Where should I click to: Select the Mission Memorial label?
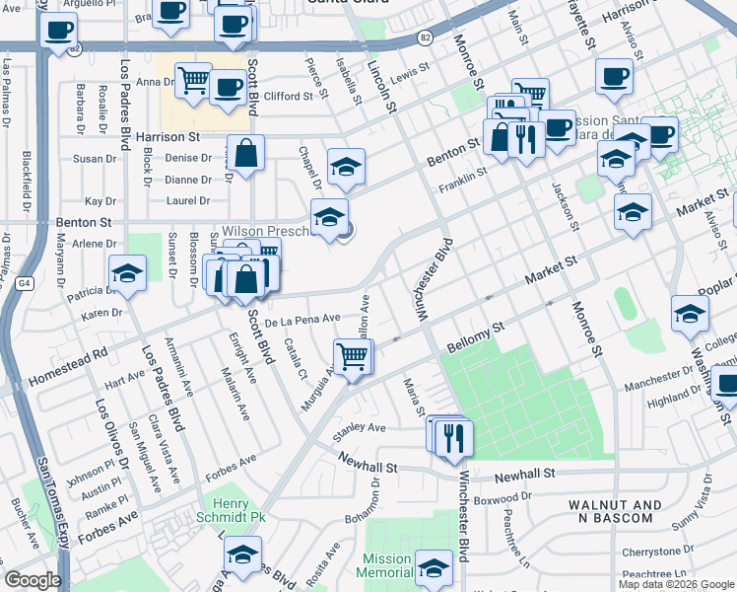tap(386, 565)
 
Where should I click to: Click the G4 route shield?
tap(24, 283)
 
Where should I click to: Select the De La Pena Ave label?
tap(302, 320)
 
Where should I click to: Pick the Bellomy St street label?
tap(475, 335)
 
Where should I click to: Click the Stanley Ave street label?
tap(360, 428)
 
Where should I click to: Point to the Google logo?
tap(33, 580)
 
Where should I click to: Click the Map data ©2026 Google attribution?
tap(676, 584)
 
